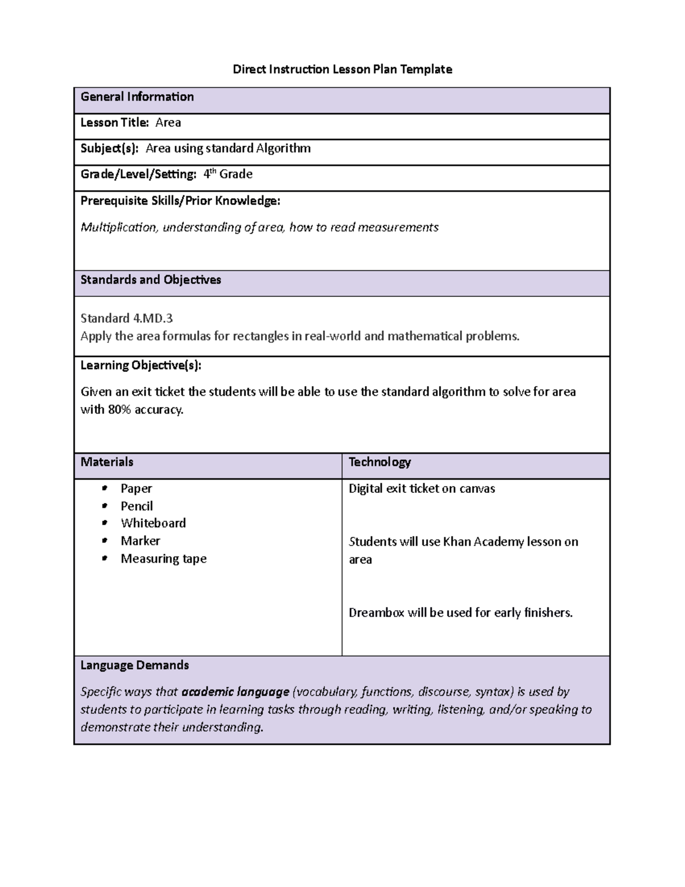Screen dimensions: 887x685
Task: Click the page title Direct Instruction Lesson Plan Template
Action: coord(342,70)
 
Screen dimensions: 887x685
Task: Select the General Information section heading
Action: coord(137,97)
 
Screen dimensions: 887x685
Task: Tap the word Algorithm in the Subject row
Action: coord(283,148)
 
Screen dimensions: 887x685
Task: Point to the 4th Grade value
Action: coord(228,174)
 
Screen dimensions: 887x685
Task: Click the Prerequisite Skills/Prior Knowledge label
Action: coord(180,201)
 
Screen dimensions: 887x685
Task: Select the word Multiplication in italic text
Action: coord(118,227)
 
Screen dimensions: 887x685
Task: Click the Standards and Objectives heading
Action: coord(151,280)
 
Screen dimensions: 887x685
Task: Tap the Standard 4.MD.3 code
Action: coord(126,318)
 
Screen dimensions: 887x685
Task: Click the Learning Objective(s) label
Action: coord(140,366)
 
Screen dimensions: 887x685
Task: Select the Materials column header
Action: coord(107,462)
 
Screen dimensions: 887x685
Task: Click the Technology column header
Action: coord(380,462)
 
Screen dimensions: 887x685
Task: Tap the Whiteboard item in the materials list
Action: coord(153,523)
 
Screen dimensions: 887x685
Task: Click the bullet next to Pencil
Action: coord(104,506)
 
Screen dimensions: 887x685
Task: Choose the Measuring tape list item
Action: coord(163,559)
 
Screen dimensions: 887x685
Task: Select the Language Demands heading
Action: coord(135,665)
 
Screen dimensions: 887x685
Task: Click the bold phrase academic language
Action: coord(235,692)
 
